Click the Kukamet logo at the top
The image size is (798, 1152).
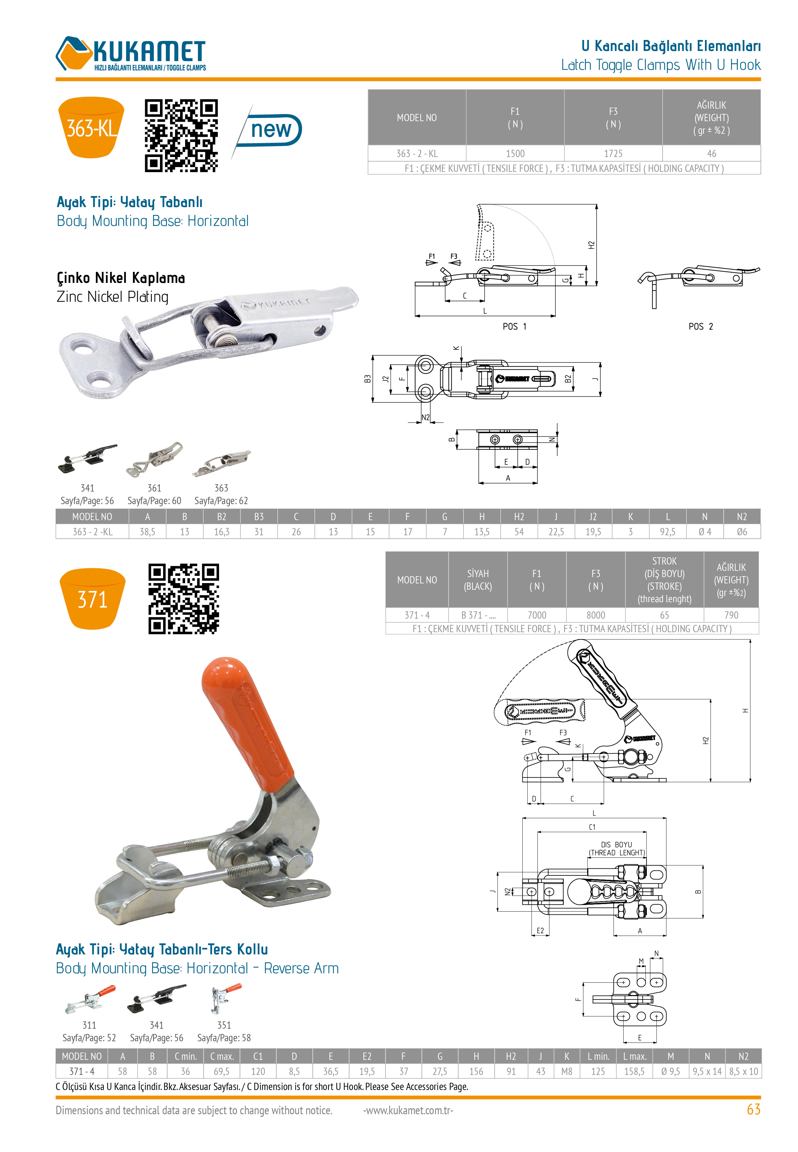130,53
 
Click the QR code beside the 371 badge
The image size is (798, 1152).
184,599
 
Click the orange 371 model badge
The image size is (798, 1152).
92,598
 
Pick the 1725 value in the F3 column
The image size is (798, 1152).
613,154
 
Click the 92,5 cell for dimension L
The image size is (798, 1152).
668,532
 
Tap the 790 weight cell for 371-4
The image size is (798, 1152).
731,615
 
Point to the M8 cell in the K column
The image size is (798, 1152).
566,1071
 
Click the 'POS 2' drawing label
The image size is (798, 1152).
701,326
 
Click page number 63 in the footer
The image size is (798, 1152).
753,1110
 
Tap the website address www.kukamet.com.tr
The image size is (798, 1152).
408,1110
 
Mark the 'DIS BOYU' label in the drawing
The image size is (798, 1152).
617,844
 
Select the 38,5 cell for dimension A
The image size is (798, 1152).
147,532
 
